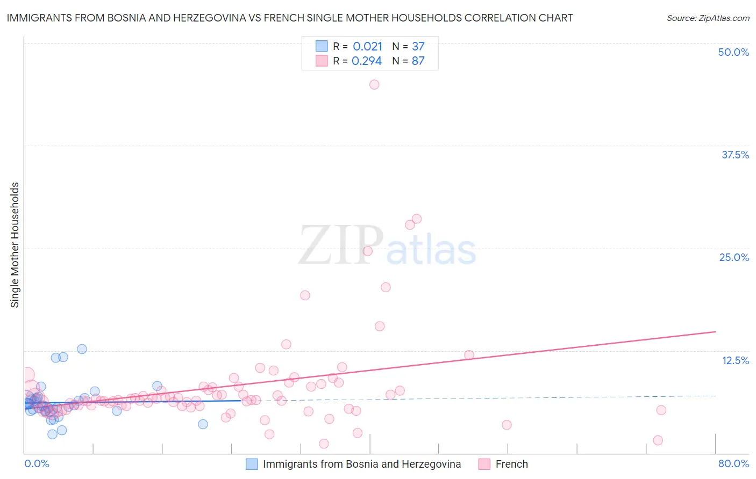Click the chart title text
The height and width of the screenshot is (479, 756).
(290, 18)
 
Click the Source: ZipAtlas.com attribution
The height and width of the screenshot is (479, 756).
(708, 18)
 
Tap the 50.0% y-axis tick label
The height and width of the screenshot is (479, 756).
(733, 52)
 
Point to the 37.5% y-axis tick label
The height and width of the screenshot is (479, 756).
(735, 155)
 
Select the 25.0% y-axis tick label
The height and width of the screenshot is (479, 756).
(734, 257)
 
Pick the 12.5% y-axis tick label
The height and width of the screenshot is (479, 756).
(735, 360)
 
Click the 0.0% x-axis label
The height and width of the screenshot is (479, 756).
(37, 463)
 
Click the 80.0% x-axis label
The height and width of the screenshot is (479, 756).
(733, 463)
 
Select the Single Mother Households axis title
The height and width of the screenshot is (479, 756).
(15, 245)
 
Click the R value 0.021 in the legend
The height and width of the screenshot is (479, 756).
(367, 46)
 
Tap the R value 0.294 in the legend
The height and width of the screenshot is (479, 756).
(366, 61)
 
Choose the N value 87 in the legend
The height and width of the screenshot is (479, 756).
(418, 61)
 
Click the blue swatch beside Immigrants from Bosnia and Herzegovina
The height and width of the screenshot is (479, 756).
(252, 464)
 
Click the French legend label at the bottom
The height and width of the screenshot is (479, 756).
(511, 464)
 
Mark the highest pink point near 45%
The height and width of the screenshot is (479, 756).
(374, 84)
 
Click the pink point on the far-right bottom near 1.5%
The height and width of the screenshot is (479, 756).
(658, 440)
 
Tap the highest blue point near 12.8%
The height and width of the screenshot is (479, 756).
(82, 349)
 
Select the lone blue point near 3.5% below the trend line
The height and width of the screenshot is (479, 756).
(203, 424)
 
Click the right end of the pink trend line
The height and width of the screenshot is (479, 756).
(715, 332)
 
